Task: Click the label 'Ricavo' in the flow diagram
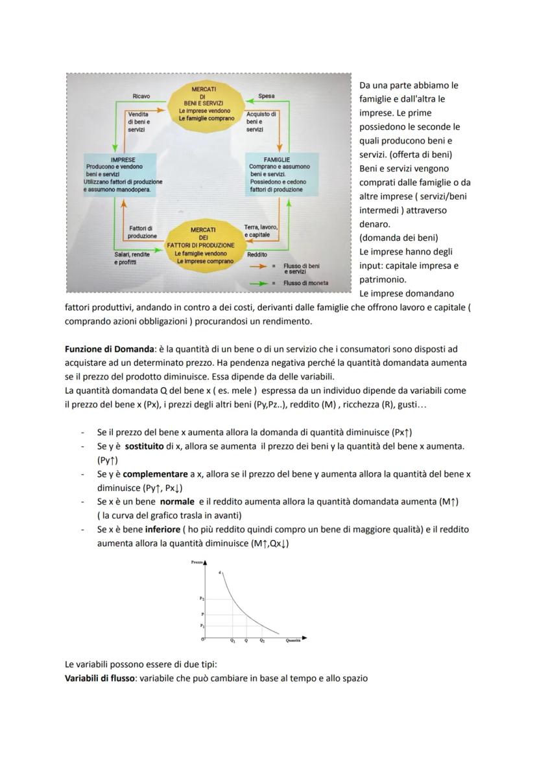(x=141, y=96)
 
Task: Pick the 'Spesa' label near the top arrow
(x=266, y=96)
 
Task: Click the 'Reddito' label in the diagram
(x=257, y=254)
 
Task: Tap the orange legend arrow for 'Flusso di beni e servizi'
(x=258, y=266)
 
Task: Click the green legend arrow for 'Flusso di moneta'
(x=258, y=283)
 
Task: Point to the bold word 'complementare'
(x=156, y=474)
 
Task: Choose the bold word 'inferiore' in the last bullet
(x=158, y=529)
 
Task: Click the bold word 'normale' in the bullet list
(x=178, y=501)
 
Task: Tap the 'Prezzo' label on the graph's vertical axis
(x=197, y=563)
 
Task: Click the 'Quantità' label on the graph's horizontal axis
(x=293, y=641)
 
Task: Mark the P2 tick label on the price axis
(x=202, y=599)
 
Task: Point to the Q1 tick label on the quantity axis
(x=232, y=641)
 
